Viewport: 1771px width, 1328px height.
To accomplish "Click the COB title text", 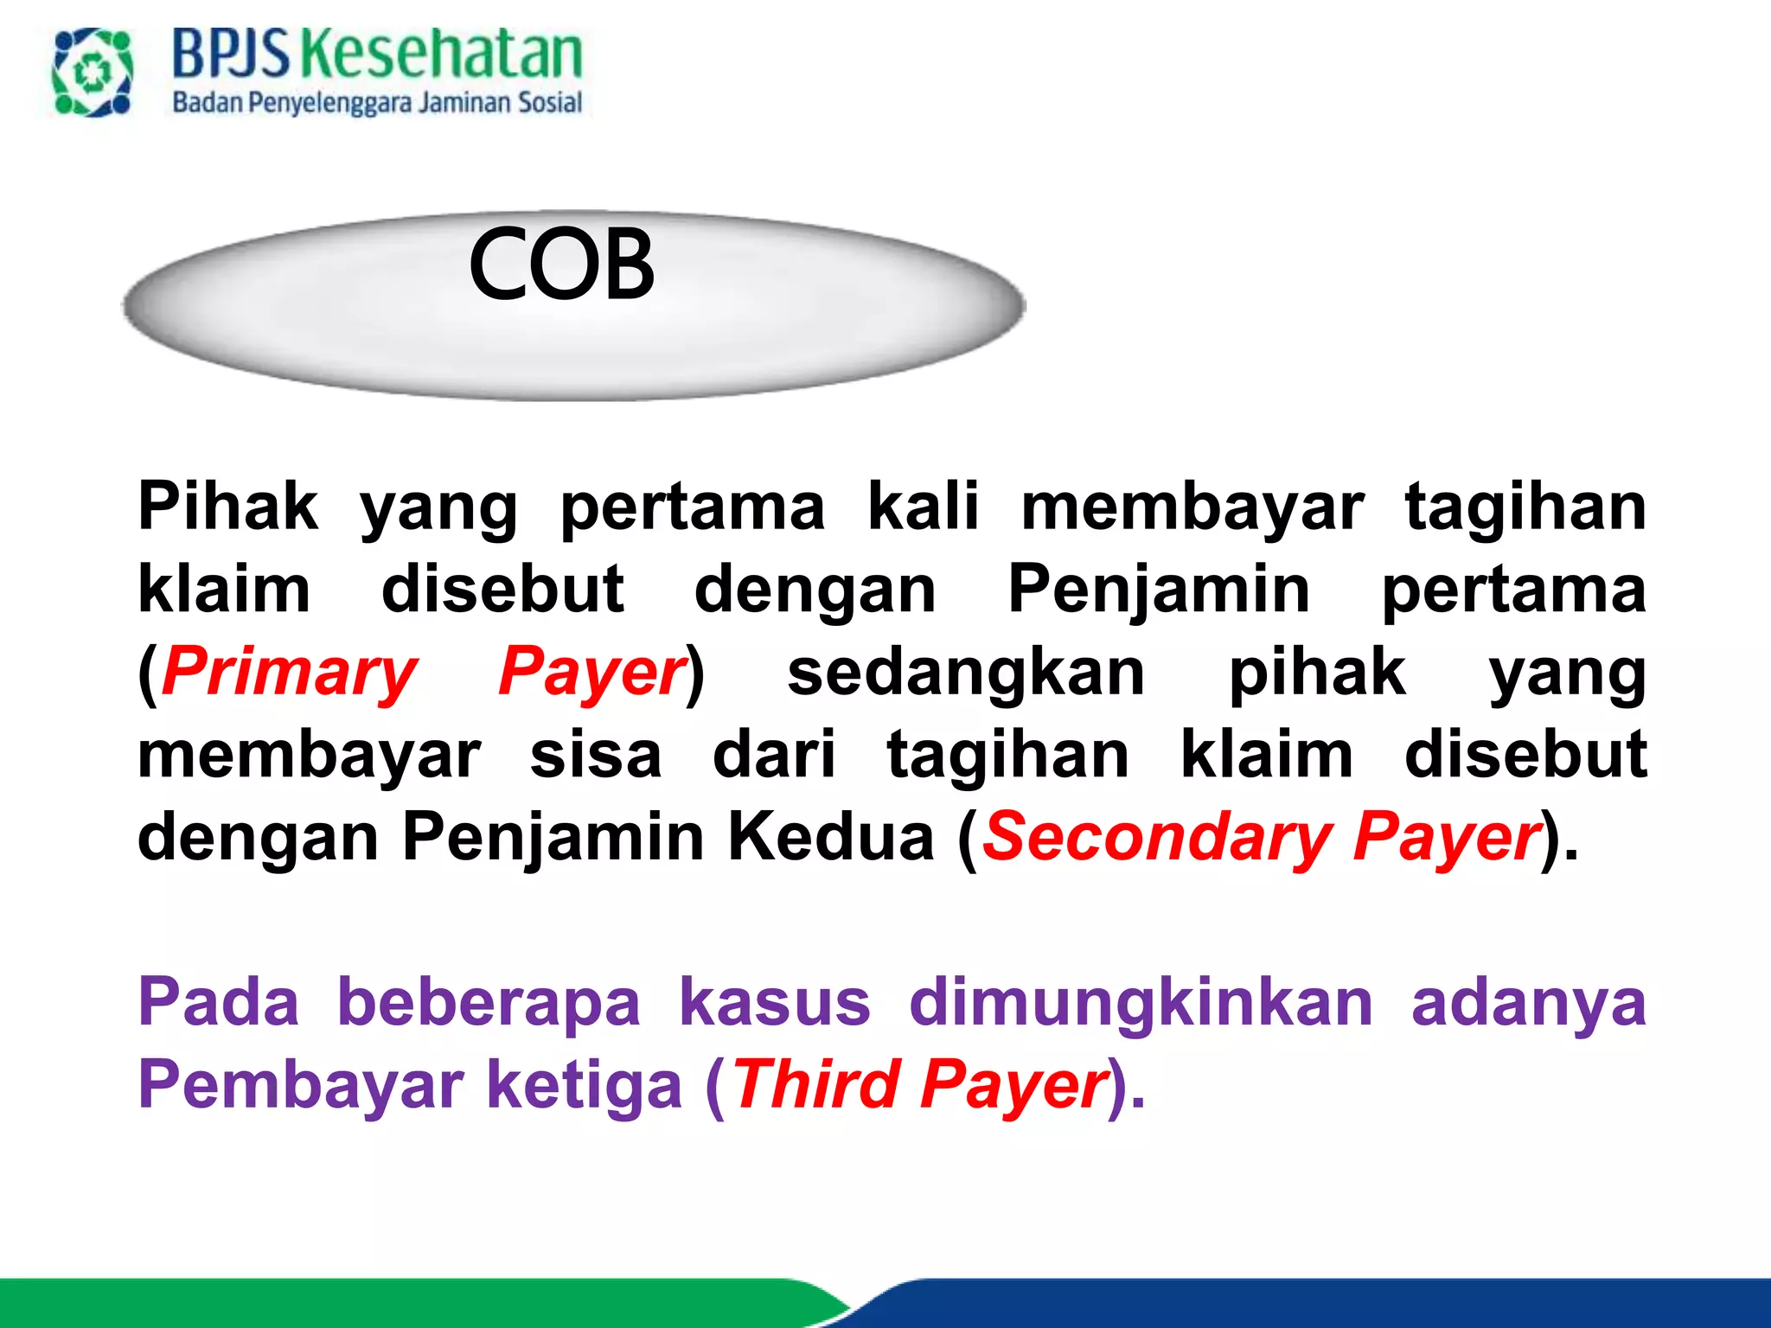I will (562, 265).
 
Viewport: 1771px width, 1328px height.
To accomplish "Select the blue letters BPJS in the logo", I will (231, 54).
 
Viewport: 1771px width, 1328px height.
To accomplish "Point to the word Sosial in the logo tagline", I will (550, 103).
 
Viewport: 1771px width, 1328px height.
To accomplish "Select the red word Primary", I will (290, 672).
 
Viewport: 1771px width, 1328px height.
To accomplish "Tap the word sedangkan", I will (966, 672).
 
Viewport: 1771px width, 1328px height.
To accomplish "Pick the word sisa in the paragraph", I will (596, 755).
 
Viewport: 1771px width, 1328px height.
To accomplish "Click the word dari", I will (774, 755).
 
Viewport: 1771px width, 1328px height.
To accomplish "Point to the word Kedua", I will (831, 837).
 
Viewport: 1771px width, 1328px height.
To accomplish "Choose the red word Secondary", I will (1156, 837).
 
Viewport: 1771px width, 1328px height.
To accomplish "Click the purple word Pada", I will (219, 1002).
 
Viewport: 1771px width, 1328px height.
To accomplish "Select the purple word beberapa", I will (489, 1002).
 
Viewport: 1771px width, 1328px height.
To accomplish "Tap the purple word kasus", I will (775, 1002).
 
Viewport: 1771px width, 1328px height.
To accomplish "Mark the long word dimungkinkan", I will (1141, 1002).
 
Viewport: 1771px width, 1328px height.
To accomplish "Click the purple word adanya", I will (1528, 1002).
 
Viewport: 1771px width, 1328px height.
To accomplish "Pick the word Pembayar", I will (301, 1085).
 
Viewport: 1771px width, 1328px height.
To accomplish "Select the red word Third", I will (816, 1085).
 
